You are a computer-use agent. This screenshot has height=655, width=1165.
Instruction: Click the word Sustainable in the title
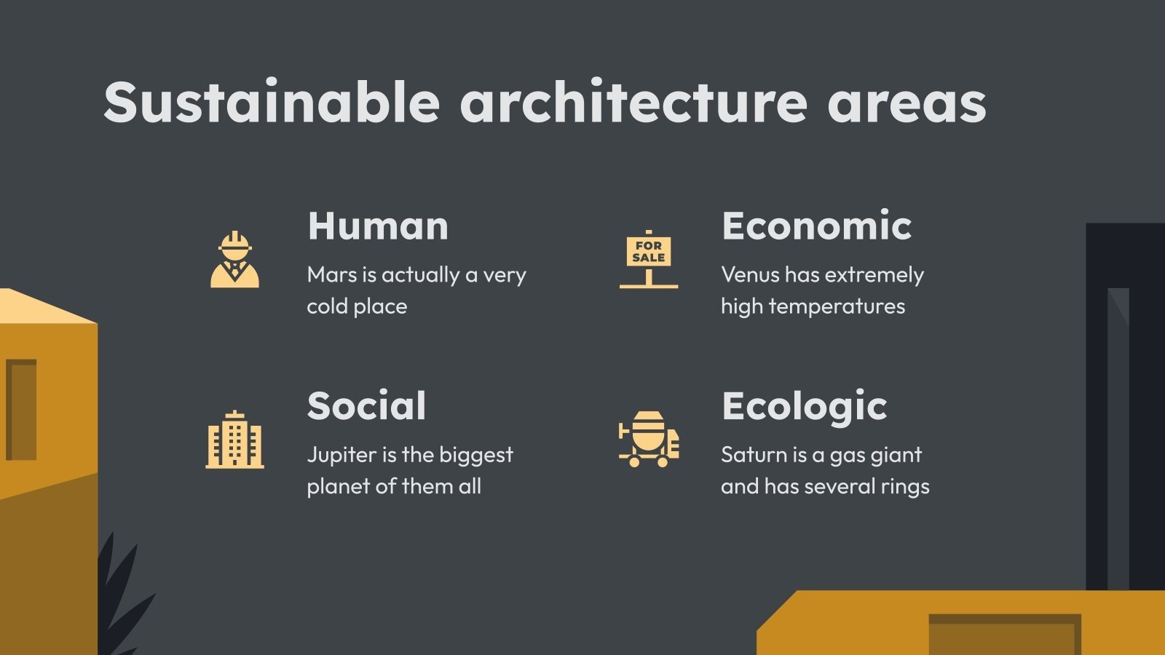[x=272, y=102]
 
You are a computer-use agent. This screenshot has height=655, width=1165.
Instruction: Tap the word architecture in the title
[x=633, y=102]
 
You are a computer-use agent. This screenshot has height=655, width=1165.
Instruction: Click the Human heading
[x=378, y=226]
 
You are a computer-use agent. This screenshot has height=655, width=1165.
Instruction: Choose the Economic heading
[x=816, y=226]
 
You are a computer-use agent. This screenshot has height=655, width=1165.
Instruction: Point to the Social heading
[x=366, y=405]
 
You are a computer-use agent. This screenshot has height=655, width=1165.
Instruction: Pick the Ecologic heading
[x=804, y=406]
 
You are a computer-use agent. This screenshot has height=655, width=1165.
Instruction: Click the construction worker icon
[x=234, y=260]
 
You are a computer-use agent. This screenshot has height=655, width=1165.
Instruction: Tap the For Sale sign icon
[x=648, y=259]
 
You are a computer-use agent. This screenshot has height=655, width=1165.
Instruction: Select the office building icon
[x=234, y=440]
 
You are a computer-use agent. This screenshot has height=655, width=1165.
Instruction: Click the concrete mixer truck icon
[x=648, y=439]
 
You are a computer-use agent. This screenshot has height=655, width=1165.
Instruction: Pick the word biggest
[x=476, y=456]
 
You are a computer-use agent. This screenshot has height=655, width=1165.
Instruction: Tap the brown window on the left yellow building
[x=22, y=409]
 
